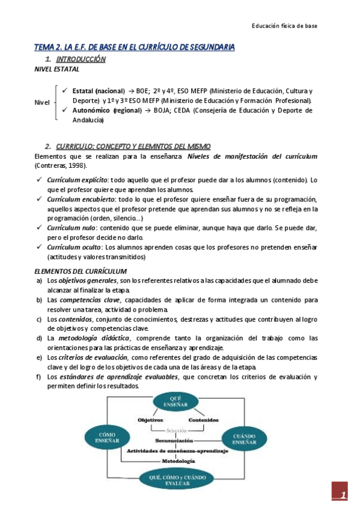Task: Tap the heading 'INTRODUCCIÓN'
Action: pyautogui.click(x=81, y=59)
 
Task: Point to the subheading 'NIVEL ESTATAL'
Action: pyautogui.click(x=56, y=69)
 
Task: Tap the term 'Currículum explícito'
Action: pyautogui.click(x=77, y=180)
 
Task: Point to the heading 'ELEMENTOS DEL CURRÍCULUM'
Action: pyautogui.click(x=80, y=271)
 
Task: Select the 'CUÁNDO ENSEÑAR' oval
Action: pyautogui.click(x=245, y=440)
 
